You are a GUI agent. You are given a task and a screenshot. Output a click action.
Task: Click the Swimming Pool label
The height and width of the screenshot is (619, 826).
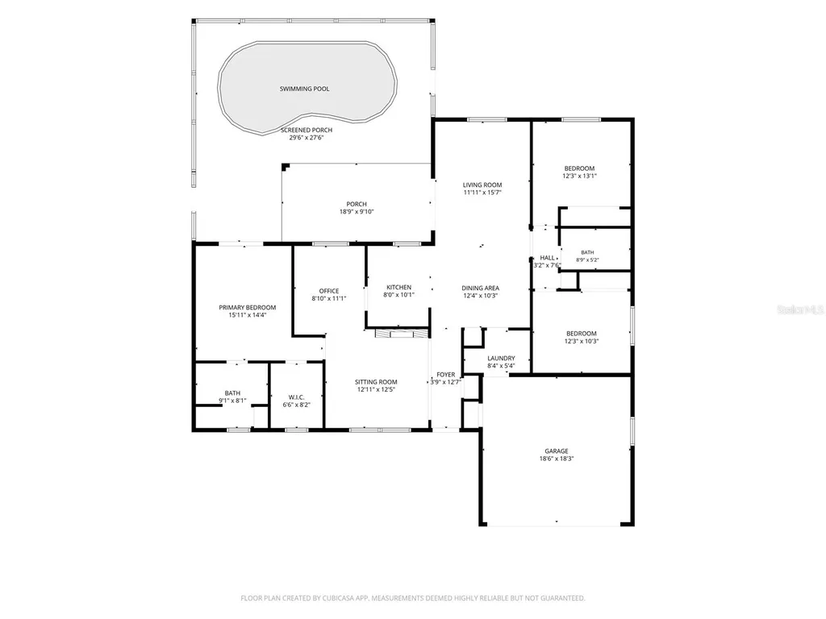pyautogui.click(x=304, y=89)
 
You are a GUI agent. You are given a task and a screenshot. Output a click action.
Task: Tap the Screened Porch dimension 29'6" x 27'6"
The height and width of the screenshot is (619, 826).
pyautogui.click(x=306, y=138)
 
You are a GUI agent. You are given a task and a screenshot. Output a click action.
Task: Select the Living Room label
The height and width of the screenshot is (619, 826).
pyautogui.click(x=482, y=185)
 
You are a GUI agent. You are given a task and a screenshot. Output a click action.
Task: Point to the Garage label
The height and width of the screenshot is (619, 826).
pyautogui.click(x=557, y=451)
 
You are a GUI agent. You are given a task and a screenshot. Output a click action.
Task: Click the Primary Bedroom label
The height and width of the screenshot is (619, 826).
pyautogui.click(x=248, y=307)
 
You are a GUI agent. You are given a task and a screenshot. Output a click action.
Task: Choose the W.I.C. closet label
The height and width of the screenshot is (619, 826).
pyautogui.click(x=297, y=397)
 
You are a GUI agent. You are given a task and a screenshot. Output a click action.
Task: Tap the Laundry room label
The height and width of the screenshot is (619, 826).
pyautogui.click(x=501, y=359)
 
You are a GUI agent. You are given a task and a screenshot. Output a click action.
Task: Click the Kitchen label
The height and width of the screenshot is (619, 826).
pyautogui.click(x=398, y=288)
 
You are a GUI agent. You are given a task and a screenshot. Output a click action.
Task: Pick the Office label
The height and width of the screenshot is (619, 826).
pyautogui.click(x=329, y=291)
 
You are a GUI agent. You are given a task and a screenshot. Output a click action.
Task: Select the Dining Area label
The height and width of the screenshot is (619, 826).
pyautogui.click(x=481, y=289)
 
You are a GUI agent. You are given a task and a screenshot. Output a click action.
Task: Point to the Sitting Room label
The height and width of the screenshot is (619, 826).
pyautogui.click(x=376, y=382)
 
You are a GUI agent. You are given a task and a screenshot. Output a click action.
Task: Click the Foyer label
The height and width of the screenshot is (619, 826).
pyautogui.click(x=445, y=375)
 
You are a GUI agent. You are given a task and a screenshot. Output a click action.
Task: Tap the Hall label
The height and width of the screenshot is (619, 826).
pyautogui.click(x=548, y=258)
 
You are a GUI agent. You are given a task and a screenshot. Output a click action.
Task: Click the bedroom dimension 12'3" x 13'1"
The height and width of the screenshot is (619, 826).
pyautogui.click(x=579, y=177)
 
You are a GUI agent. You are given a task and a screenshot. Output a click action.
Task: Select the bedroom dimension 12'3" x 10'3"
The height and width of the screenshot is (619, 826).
pyautogui.click(x=582, y=341)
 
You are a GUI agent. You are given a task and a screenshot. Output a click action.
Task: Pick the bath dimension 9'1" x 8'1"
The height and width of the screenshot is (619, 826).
pyautogui.click(x=232, y=401)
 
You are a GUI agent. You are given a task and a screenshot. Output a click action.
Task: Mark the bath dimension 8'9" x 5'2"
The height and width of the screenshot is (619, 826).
pyautogui.click(x=587, y=260)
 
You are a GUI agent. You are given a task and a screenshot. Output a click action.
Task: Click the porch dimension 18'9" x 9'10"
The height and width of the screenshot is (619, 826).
pyautogui.click(x=357, y=212)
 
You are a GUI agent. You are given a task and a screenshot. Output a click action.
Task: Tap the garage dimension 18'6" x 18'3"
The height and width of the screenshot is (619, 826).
pyautogui.click(x=557, y=459)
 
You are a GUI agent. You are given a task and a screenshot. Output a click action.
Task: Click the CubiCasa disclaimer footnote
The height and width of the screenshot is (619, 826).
pyautogui.click(x=413, y=598)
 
